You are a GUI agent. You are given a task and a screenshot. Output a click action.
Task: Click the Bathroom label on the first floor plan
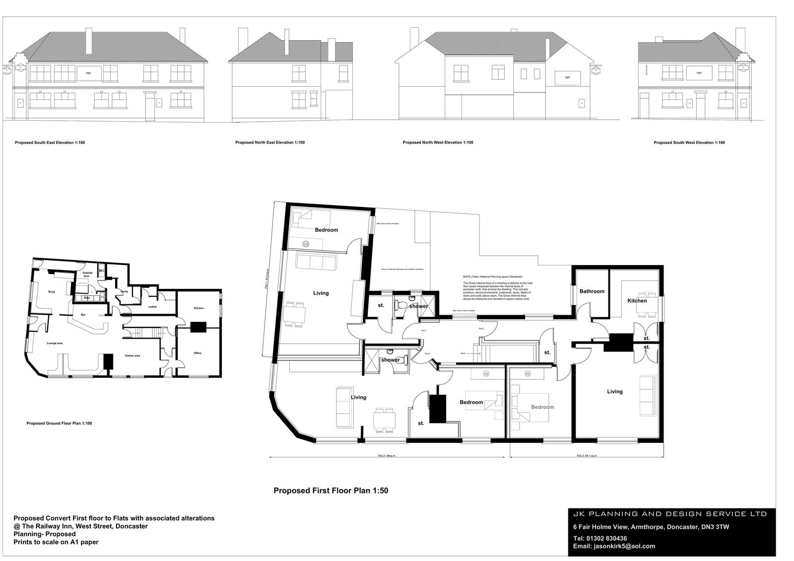pyautogui.click(x=592, y=291)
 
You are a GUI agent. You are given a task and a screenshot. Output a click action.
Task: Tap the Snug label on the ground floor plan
pyautogui.click(x=52, y=292)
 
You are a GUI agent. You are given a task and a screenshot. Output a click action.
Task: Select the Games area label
pyautogui.click(x=132, y=355)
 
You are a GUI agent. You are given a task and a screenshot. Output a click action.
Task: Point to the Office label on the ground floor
pyautogui.click(x=198, y=353)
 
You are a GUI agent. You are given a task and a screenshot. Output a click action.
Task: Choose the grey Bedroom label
pyautogui.click(x=542, y=407)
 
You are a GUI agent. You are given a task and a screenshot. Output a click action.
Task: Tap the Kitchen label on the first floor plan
pyautogui.click(x=637, y=301)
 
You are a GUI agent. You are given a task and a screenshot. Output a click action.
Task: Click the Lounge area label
pyautogui.click(x=55, y=343)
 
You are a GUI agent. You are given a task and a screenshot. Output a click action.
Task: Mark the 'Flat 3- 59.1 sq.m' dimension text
pyautogui.click(x=587, y=456)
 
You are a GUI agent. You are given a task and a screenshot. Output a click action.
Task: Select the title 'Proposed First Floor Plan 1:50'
pyautogui.click(x=331, y=491)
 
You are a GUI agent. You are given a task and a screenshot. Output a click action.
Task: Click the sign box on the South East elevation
pyautogui.click(x=88, y=73)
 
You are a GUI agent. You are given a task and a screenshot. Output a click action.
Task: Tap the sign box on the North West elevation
pyautogui.click(x=567, y=77)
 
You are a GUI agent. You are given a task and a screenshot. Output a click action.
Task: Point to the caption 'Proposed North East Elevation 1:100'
pyautogui.click(x=270, y=142)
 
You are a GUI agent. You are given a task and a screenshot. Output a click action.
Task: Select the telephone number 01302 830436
pyautogui.click(x=606, y=538)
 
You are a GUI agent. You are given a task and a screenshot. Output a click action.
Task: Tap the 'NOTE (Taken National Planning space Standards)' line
pyautogui.click(x=492, y=277)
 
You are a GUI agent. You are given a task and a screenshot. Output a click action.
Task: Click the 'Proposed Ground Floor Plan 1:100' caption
pyautogui.click(x=59, y=423)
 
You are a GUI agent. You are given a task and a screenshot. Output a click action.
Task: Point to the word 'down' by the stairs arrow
pyautogui.click(x=463, y=353)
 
